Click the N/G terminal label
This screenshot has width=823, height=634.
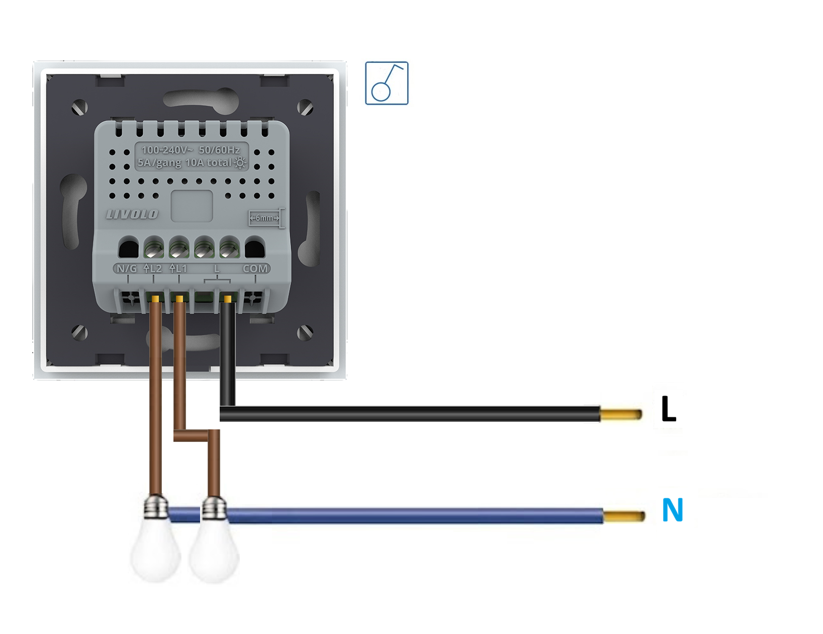coord(126,268)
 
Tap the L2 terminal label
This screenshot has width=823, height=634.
coord(153,268)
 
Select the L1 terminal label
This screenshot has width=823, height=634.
coord(178,268)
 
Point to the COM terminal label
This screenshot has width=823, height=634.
coord(255,268)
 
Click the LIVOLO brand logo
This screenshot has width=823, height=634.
coord(132,214)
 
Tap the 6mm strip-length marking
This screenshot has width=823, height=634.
coord(265,218)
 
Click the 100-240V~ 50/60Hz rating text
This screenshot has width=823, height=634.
coord(191,150)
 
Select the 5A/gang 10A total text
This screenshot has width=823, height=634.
coord(185,162)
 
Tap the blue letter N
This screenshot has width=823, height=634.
coord(673,510)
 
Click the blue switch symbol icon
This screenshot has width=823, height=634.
coord(387,83)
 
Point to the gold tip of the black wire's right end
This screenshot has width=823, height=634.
coord(621,415)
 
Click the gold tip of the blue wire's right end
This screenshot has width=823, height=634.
coord(624,516)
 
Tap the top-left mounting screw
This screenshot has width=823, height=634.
coord(80,107)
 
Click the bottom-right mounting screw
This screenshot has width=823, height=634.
coord(305,332)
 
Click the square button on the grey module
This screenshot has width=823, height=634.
coord(192,206)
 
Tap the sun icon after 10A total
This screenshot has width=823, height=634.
coord(240,162)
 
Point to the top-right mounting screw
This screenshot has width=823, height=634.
coord(305,107)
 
